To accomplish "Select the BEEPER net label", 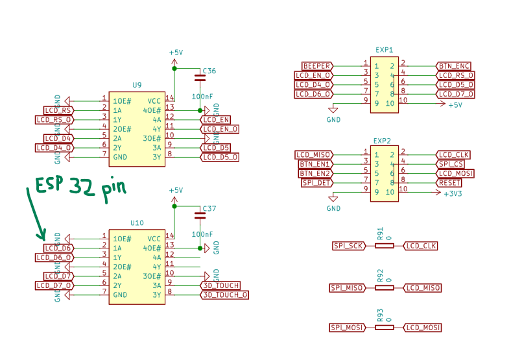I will (x=317, y=66).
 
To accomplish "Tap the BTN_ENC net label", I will (x=454, y=66).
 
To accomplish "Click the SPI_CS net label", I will (x=451, y=164).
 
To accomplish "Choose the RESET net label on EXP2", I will (x=449, y=183).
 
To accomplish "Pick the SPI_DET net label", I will (x=317, y=183).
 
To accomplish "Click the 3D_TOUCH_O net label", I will (x=224, y=295).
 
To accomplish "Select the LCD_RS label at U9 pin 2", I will (x=58, y=110).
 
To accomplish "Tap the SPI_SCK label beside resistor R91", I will (x=349, y=246).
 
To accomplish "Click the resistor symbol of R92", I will (x=384, y=287).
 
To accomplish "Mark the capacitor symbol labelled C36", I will (x=200, y=78).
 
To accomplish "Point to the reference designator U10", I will (x=137, y=222).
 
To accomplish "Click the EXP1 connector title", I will (x=384, y=50).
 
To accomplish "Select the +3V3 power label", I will (x=453, y=193).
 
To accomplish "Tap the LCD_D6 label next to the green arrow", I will (x=58, y=248).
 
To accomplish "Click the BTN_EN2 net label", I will (x=315, y=174).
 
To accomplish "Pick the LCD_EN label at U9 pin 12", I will (x=216, y=120).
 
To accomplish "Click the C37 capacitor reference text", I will (x=209, y=209).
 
